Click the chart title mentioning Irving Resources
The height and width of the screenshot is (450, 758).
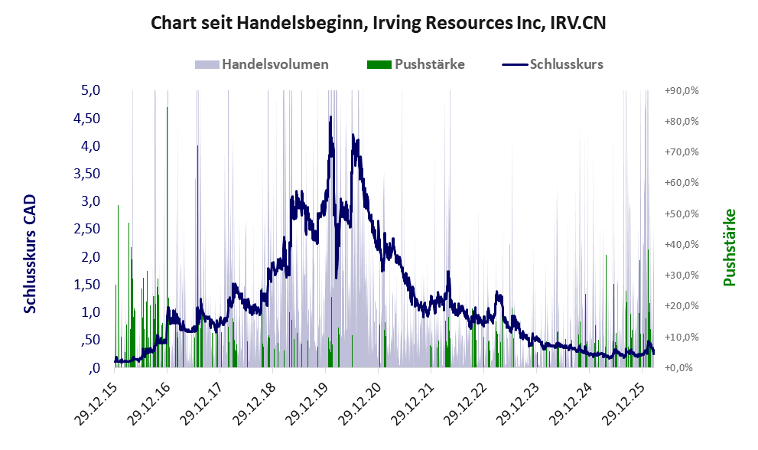tap(379, 24)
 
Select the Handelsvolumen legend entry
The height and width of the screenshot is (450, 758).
tap(275, 64)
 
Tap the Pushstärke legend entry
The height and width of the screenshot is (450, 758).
tap(429, 64)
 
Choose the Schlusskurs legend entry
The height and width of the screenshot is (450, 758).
tap(566, 64)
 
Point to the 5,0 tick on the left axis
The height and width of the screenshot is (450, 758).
tap(91, 90)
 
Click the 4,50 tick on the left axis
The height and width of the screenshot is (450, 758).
tap(88, 119)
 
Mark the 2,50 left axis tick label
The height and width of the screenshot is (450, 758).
tap(88, 229)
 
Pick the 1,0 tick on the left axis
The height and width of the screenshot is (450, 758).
tap(91, 312)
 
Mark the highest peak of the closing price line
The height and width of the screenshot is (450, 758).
tap(330, 117)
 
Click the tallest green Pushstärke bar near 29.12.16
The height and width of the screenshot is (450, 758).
tap(168, 109)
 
